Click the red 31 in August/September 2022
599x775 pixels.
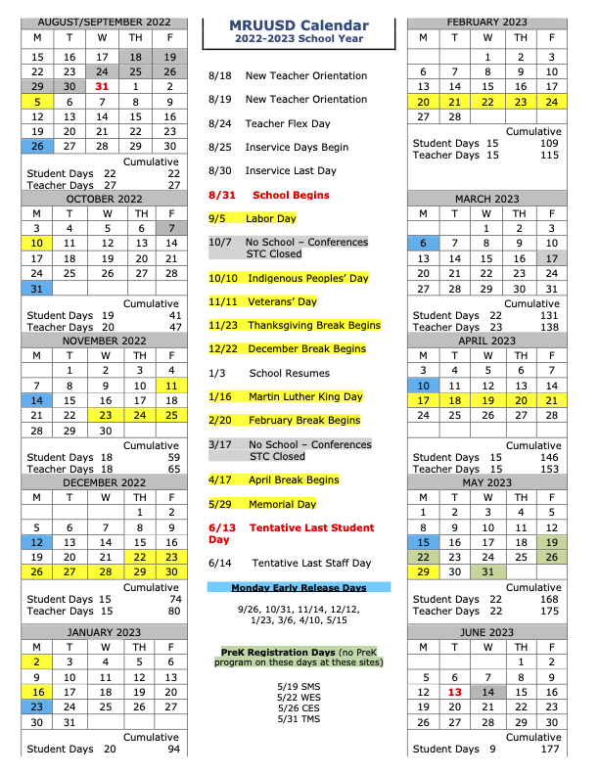(102, 86)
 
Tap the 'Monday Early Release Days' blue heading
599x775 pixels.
(299, 587)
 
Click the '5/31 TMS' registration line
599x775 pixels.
(299, 719)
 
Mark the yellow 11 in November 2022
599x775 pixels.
(170, 386)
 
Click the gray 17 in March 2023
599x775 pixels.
(551, 258)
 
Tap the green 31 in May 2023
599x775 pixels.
(486, 571)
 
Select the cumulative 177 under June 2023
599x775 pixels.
(550, 750)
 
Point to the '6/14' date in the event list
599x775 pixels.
(221, 564)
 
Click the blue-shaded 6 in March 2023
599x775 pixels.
(423, 243)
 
